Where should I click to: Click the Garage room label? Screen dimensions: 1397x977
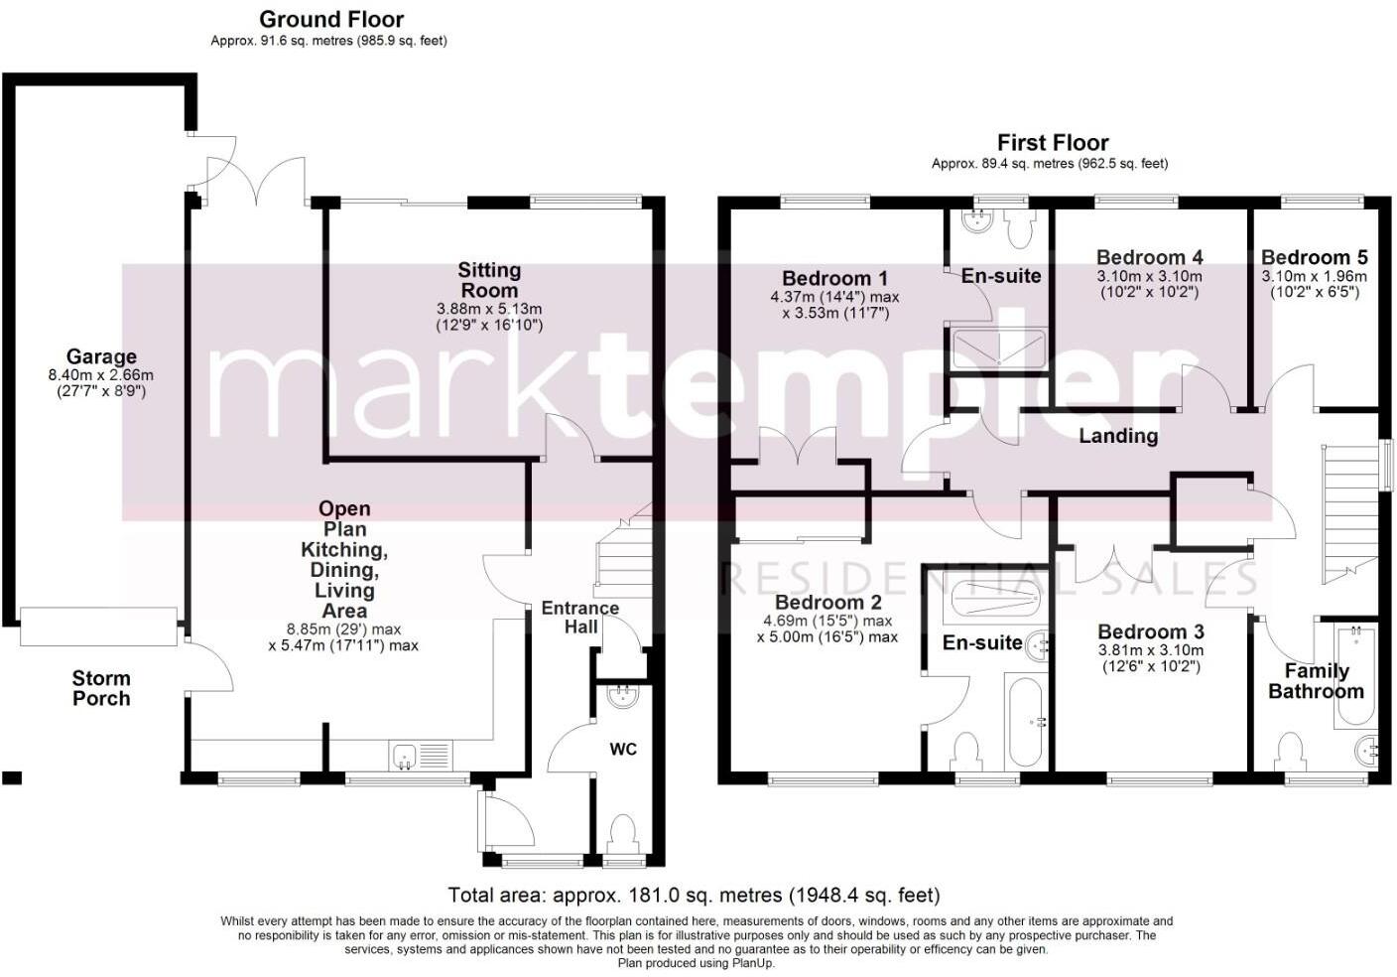point(101,356)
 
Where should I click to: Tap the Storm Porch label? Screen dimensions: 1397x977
point(101,688)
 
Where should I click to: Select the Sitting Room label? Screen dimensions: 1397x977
point(489,280)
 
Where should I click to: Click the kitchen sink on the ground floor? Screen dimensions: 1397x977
point(421,756)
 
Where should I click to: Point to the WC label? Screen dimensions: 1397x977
point(623,750)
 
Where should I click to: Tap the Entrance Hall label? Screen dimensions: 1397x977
point(580,618)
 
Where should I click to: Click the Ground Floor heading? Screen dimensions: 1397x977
point(331,19)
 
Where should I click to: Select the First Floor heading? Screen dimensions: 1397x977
point(1053,142)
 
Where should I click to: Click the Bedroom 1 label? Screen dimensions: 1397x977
point(834,278)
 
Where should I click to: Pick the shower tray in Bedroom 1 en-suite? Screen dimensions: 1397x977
point(998,349)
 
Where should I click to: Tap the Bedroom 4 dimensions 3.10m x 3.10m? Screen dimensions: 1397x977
point(1149,277)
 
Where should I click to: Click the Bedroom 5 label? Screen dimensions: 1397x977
point(1314,257)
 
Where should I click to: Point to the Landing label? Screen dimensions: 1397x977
point(1118,436)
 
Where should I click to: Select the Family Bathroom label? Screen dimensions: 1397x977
point(1316,681)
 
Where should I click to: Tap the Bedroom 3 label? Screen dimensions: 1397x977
point(1151,631)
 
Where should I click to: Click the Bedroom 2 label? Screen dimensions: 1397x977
point(827,603)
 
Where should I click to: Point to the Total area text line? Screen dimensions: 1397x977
point(694,896)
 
